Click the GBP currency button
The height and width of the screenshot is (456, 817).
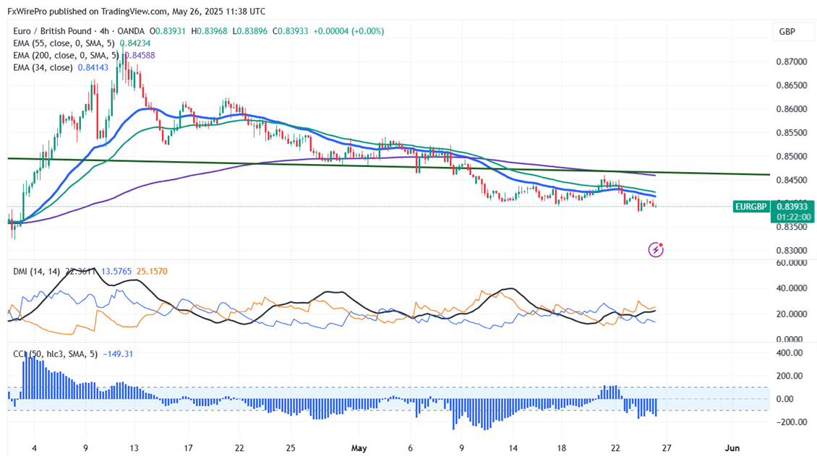point(787,32)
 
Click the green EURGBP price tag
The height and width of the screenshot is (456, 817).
point(750,207)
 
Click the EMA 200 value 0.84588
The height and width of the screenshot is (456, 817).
point(140,56)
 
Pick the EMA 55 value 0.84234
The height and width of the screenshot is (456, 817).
point(135,43)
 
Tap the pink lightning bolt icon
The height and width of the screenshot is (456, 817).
point(656,250)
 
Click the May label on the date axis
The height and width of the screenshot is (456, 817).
point(359,448)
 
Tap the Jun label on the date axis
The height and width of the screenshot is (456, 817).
point(733,448)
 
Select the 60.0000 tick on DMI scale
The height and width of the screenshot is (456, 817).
point(790,263)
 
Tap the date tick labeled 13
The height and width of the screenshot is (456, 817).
point(133,448)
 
